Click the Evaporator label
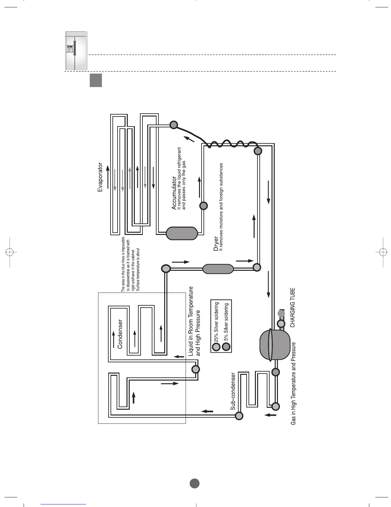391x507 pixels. pyautogui.click(x=100, y=177)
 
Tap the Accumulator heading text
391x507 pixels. pyautogui.click(x=174, y=193)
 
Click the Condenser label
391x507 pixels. pyautogui.click(x=120, y=334)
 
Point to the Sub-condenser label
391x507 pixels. pyautogui.click(x=233, y=391)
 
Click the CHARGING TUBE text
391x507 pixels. pyautogui.click(x=292, y=307)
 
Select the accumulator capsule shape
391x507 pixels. pyautogui.click(x=181, y=233)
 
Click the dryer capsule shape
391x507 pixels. pyautogui.click(x=218, y=269)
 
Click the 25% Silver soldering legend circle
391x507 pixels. pyautogui.click(x=217, y=347)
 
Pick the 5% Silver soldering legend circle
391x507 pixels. pyautogui.click(x=226, y=347)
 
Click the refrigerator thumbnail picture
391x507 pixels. pyautogui.click(x=76, y=51)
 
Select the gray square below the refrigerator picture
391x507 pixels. pyautogui.click(x=96, y=80)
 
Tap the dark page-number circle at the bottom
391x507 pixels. pyautogui.click(x=195, y=483)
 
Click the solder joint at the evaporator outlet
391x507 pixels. pyautogui.click(x=173, y=125)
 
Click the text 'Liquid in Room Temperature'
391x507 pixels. pyautogui.click(x=191, y=321)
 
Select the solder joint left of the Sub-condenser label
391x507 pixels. pyautogui.click(x=239, y=416)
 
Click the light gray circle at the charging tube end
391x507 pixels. pyautogui.click(x=281, y=313)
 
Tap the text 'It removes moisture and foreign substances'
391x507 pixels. pyautogui.click(x=221, y=206)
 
